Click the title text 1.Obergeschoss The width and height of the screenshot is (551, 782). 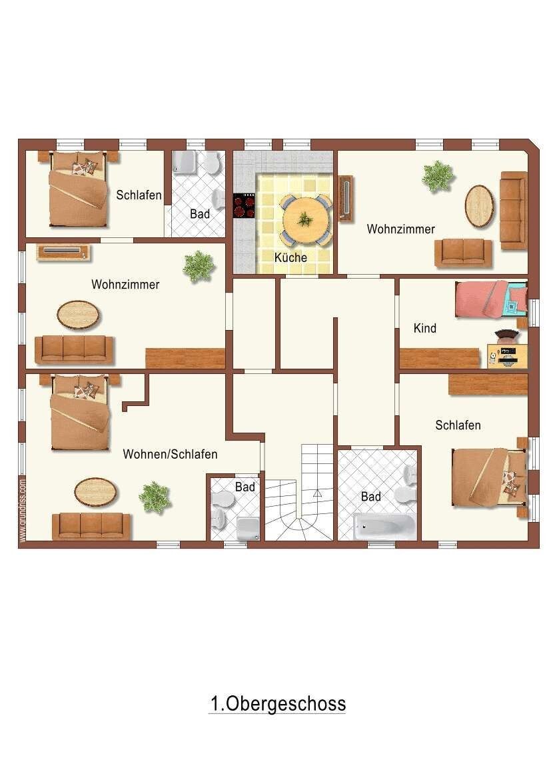(x=278, y=704)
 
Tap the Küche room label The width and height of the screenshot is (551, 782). (x=290, y=257)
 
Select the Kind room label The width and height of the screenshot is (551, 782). (x=425, y=328)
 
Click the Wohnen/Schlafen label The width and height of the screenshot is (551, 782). (x=170, y=455)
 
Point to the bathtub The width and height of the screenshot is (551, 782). (x=384, y=527)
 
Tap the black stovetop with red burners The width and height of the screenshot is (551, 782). (x=245, y=205)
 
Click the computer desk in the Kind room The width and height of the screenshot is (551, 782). (x=507, y=355)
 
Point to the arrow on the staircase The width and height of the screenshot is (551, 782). (x=317, y=494)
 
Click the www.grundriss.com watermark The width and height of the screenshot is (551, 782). (x=23, y=510)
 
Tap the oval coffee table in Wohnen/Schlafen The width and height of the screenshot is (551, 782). (x=96, y=491)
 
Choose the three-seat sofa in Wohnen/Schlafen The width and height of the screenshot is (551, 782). (x=91, y=526)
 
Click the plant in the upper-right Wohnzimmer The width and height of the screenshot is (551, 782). (x=438, y=176)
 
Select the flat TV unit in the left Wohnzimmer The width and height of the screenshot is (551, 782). (x=63, y=252)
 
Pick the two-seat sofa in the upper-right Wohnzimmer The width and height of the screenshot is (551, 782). (x=463, y=253)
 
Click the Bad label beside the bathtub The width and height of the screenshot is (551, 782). (x=371, y=497)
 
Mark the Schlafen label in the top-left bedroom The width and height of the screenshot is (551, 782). (x=139, y=195)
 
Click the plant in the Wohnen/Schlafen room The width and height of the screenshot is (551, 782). (x=155, y=497)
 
